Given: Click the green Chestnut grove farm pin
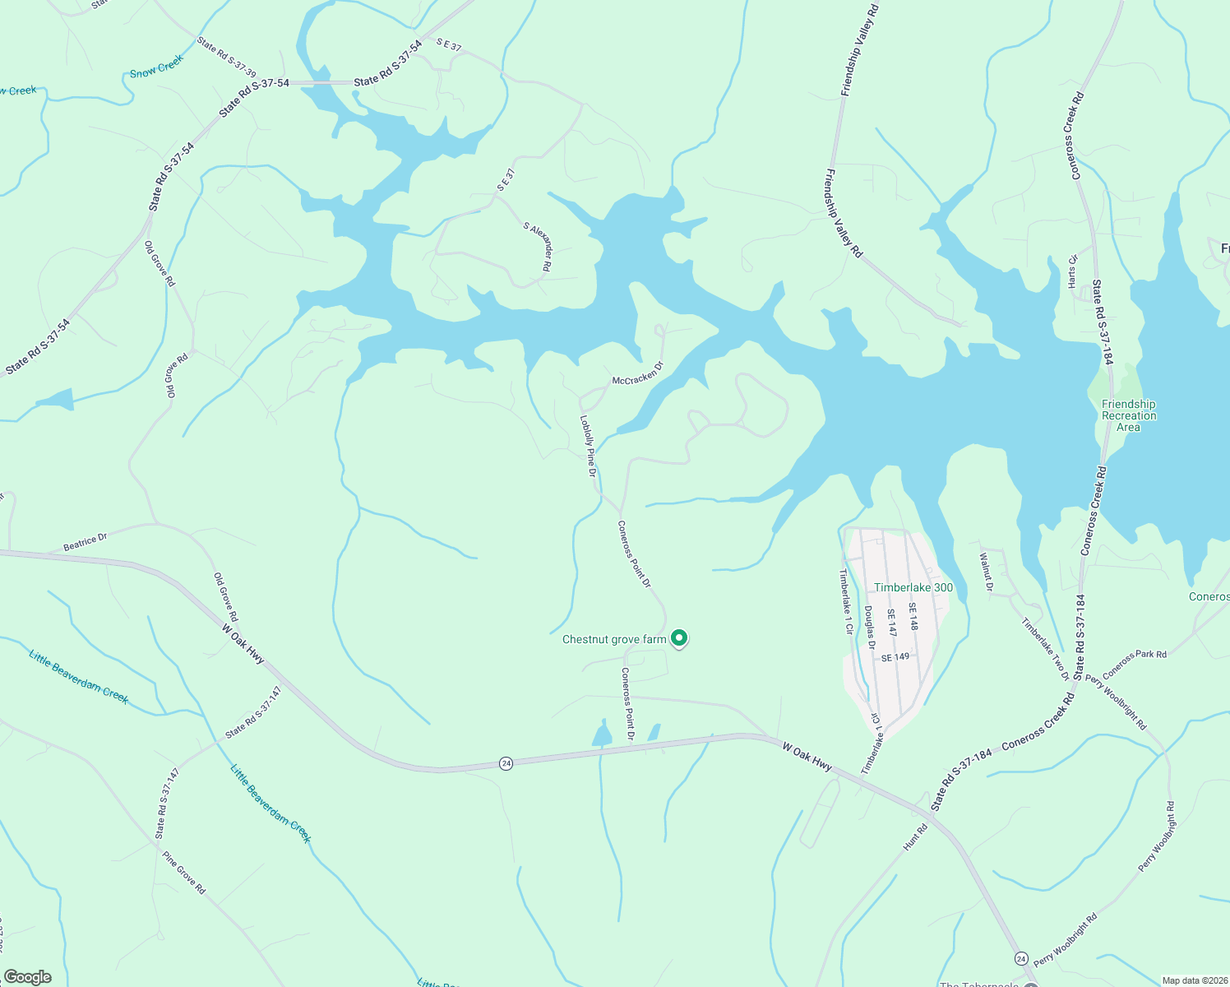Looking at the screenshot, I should pos(679,637).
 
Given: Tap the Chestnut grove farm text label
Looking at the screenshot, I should pos(614,639).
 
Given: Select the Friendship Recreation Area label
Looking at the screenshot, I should pos(1128,415).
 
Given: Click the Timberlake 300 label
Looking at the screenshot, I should pos(913,587).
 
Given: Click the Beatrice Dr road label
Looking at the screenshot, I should pos(86,543).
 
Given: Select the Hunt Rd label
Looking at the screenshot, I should pos(915,837).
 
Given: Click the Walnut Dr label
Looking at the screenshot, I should pos(986,572).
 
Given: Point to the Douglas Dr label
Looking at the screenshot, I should pos(869,628).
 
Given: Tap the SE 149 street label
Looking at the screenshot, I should pos(895,658).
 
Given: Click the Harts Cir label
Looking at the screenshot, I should pos(1072,271).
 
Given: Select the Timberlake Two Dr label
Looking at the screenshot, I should pos(1046,649).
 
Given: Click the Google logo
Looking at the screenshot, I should pos(27,977).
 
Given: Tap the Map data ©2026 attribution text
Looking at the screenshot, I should pos(1194,980).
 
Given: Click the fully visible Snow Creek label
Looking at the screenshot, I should pos(156,67).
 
